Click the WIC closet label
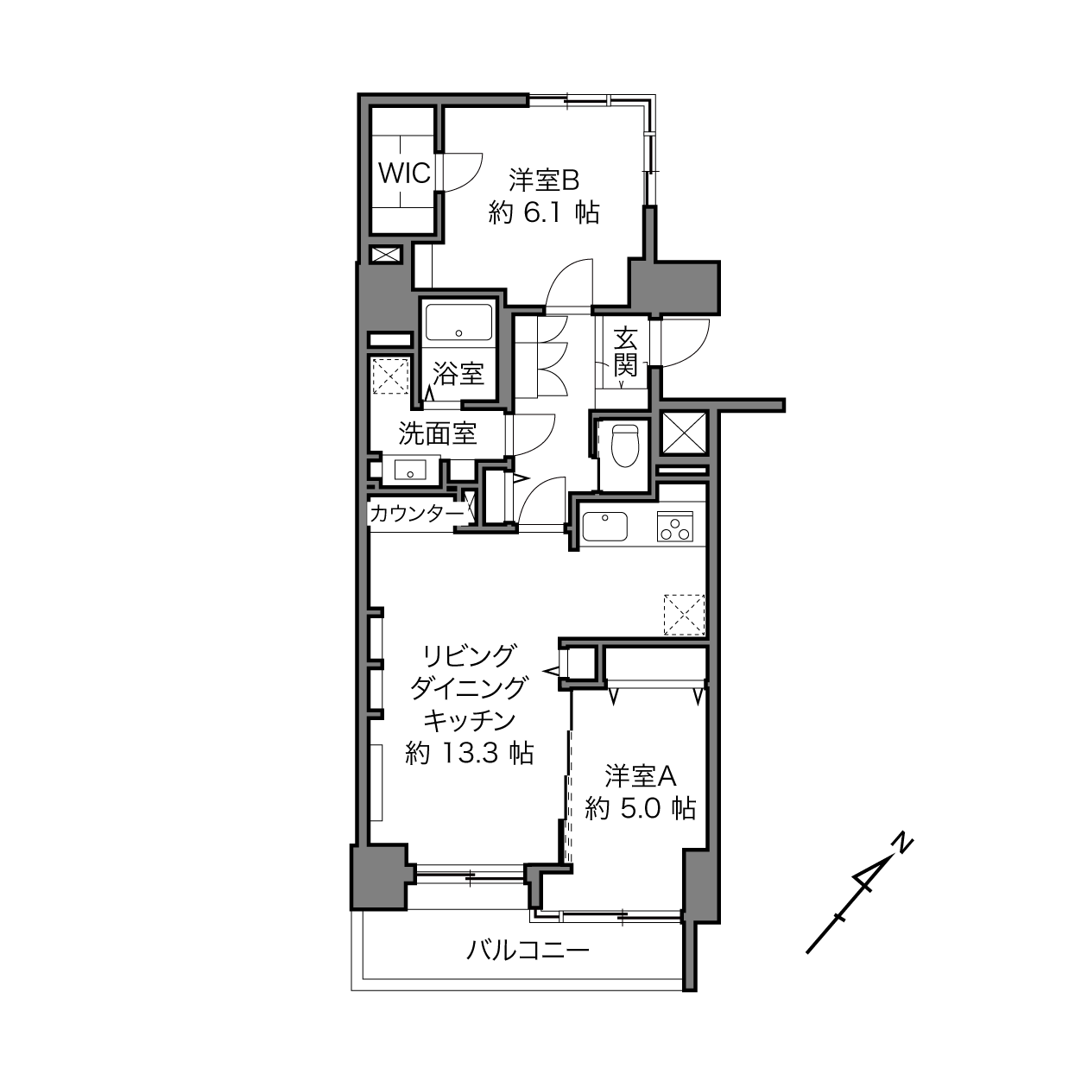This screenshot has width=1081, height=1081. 404,174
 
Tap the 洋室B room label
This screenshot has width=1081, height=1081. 544,180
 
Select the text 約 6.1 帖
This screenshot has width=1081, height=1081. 544,213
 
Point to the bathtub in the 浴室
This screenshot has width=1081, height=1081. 458,322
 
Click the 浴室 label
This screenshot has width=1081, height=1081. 458,373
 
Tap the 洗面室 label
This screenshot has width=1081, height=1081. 438,433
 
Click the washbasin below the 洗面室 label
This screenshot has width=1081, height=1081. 410,469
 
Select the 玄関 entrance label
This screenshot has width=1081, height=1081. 625,352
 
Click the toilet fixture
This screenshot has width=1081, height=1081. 625,445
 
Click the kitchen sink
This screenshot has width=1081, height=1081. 604,527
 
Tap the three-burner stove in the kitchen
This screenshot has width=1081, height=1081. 675,526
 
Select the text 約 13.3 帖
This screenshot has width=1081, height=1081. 470,753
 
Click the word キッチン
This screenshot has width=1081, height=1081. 470,720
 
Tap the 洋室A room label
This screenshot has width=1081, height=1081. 640,777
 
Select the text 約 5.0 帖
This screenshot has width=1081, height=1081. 640,809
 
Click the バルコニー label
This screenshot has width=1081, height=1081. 528,951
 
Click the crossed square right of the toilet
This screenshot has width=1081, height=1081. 684,433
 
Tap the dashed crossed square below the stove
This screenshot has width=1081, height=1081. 684,616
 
